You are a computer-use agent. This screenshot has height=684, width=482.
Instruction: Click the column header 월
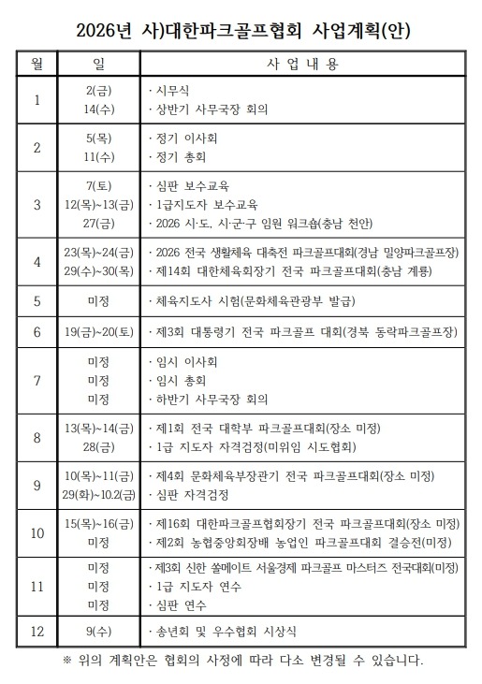pyautogui.click(x=37, y=64)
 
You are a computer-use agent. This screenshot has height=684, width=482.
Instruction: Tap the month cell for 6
pyautogui.click(x=37, y=331)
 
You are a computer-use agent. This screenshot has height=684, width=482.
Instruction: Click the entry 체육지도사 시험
pyautogui.click(x=253, y=301)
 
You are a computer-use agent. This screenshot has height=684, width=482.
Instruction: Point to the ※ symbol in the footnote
pyautogui.click(x=66, y=661)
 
